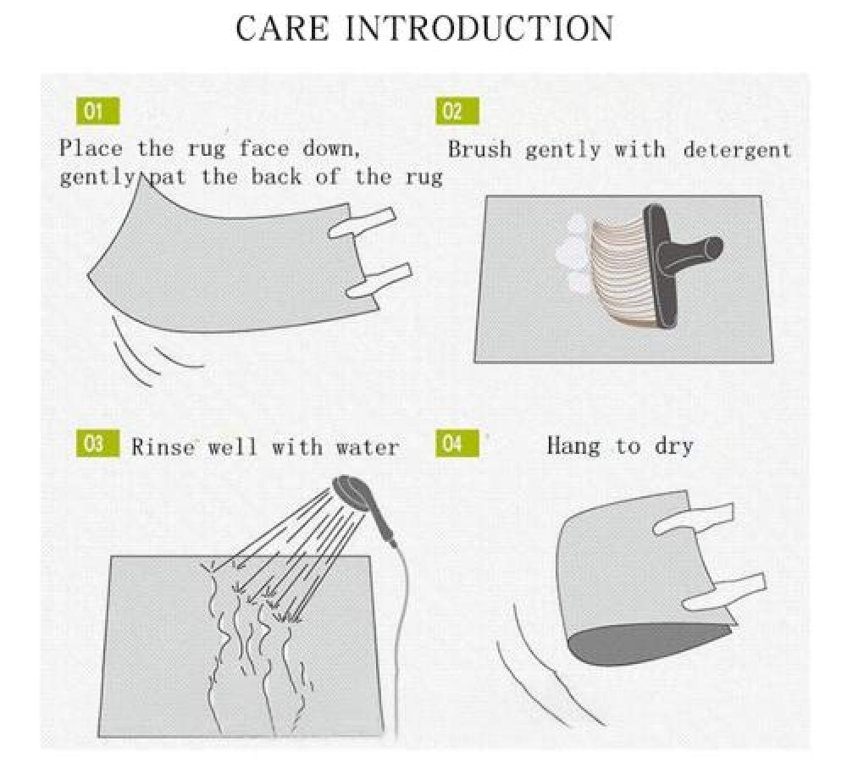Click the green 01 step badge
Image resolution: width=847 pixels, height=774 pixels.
(97, 111)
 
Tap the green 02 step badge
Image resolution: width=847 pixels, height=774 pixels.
(457, 111)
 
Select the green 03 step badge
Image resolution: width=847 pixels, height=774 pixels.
(97, 444)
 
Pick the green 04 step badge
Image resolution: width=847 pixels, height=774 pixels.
(457, 444)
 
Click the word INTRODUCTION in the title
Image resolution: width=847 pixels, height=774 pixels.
(479, 28)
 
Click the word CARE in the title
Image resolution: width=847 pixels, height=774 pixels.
(282, 28)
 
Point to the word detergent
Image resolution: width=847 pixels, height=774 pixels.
(737, 150)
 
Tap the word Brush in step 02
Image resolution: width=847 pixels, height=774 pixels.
(479, 149)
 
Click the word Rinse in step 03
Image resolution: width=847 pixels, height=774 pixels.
(163, 446)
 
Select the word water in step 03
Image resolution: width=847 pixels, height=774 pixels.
(368, 447)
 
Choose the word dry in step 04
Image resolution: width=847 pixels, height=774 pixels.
(673, 446)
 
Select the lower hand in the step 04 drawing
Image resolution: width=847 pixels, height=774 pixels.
(724, 591)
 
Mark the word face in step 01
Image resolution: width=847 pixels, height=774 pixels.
(264, 147)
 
